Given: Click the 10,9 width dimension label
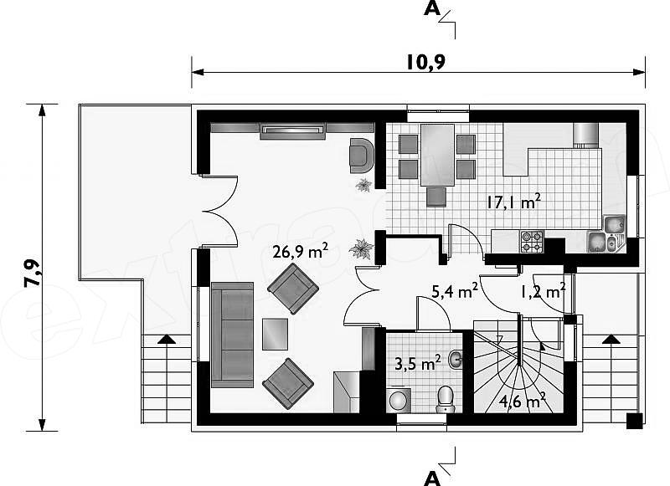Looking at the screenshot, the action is [425, 62].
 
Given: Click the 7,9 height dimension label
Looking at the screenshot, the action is [32, 273].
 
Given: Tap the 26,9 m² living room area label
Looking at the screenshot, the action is [301, 251].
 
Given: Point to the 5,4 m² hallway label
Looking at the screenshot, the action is [455, 291].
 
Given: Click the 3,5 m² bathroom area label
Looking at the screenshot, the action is [417, 364].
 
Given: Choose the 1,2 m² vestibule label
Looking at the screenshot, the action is [543, 291].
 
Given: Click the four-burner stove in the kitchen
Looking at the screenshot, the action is [532, 242].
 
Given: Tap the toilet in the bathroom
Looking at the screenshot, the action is [446, 399].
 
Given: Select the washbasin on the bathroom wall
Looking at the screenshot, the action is [456, 360].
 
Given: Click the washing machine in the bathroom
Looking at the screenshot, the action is [399, 400].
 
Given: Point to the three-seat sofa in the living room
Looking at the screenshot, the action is [233, 335].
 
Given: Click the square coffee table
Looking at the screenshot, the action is [276, 334].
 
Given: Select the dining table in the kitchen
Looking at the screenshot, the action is [437, 155].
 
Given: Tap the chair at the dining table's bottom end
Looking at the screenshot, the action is [436, 197].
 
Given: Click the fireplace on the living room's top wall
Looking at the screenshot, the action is [292, 130].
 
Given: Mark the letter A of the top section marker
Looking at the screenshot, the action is [431, 8].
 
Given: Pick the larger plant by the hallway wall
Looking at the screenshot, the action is [362, 248].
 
